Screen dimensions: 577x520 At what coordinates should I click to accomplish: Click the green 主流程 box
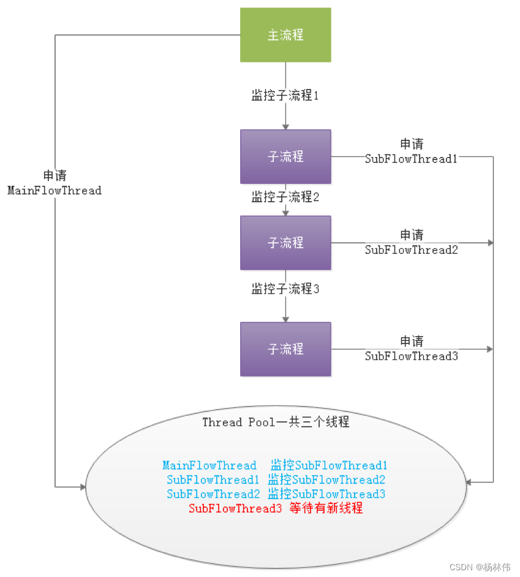[x=285, y=35]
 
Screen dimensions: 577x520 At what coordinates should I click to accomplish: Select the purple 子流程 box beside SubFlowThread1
[x=285, y=156]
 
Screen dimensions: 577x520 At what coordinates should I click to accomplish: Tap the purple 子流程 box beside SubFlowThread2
[x=285, y=243]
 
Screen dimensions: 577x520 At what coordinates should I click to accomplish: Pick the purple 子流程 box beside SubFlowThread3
[x=285, y=349]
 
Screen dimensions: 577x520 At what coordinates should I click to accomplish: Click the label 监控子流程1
[x=285, y=95]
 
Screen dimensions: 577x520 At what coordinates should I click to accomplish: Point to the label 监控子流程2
[x=285, y=197]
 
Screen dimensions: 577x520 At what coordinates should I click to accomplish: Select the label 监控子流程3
[x=285, y=289]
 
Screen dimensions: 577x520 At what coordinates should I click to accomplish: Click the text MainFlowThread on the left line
[x=55, y=191]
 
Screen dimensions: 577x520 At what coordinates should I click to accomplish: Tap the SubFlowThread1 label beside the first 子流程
[x=412, y=159]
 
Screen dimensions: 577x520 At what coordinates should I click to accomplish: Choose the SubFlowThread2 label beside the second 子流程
[x=412, y=250]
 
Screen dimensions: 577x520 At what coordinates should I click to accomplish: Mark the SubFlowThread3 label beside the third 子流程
[x=412, y=356]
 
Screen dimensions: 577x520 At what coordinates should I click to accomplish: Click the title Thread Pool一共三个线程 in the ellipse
[x=276, y=422]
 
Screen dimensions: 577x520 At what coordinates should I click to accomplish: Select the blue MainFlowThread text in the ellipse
[x=209, y=466]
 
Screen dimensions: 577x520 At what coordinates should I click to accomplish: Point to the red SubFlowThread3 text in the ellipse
[x=236, y=508]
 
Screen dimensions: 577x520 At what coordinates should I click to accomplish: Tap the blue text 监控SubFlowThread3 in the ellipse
[x=326, y=494]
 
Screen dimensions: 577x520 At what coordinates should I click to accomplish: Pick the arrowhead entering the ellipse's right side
[x=468, y=483]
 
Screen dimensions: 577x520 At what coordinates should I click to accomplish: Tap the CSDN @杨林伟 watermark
[x=480, y=567]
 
